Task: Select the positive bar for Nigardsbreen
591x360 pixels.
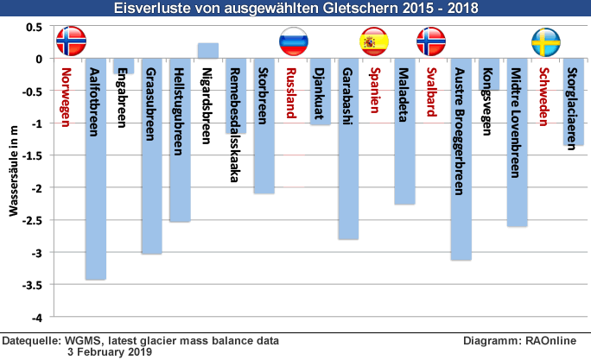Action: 208,50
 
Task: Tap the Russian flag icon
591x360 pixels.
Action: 293,41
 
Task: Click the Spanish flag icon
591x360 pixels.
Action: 374,41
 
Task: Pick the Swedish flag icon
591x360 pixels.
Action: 544,41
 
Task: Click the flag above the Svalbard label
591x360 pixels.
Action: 431,41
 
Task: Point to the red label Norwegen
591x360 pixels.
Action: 67,94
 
